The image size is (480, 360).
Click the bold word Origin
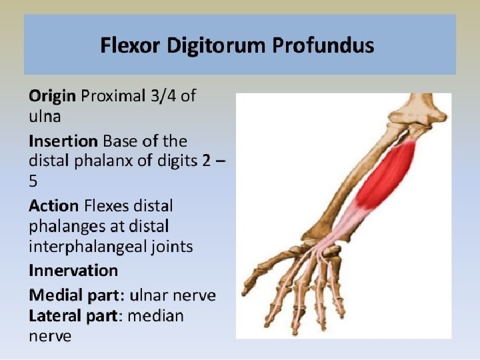pos(52,96)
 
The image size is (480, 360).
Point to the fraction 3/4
pos(163,96)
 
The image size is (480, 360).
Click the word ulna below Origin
pos(45,117)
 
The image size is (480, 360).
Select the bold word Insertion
pos(63,141)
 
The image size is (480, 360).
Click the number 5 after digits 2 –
pos(33,181)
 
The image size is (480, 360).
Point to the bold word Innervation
pos(73,270)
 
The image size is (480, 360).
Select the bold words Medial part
pos(75,295)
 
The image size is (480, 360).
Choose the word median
pos(155,315)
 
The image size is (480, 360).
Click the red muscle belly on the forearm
pos(388,175)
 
